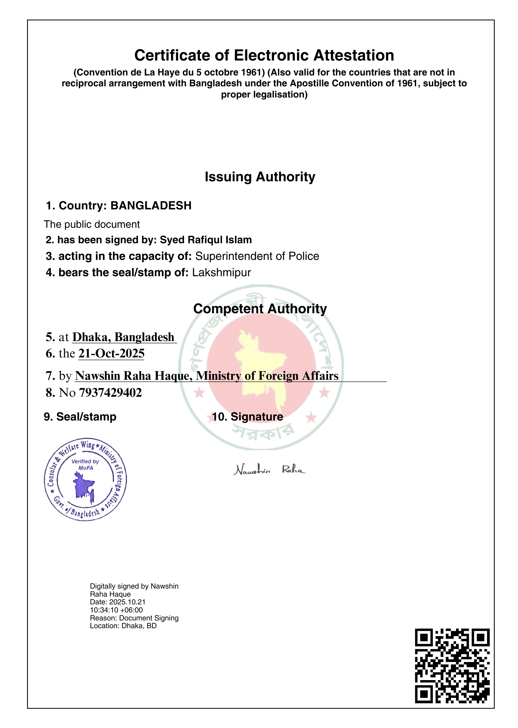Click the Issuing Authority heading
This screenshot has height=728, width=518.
[260, 177]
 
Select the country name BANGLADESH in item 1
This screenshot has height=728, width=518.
[151, 205]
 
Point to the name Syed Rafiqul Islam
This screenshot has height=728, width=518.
[206, 240]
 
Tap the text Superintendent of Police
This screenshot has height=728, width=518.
[257, 256]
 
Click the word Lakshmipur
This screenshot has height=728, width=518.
[221, 272]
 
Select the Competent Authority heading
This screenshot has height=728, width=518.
[260, 308]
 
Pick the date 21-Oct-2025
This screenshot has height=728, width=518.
[111, 353]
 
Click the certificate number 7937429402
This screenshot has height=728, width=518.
[110, 392]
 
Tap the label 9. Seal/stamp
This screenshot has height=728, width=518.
[80, 417]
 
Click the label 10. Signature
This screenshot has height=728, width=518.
[248, 417]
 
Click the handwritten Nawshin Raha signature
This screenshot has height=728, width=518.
[269, 470]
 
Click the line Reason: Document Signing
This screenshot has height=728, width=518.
[134, 618]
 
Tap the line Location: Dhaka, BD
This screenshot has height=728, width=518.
[123, 626]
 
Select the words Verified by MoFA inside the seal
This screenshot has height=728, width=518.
[85, 464]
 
